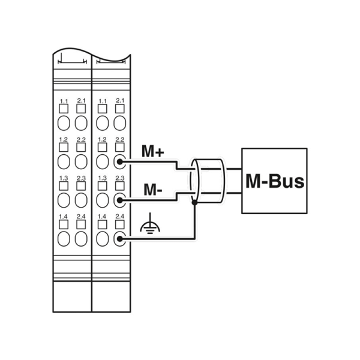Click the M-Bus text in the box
tap(275, 181)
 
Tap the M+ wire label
tap(153, 151)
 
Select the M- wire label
tap(153, 190)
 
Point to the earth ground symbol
tap(150, 224)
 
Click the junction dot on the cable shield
tap(194, 203)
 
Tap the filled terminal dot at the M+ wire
tap(119, 162)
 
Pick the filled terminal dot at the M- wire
tap(119, 200)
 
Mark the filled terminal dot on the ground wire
tap(119, 239)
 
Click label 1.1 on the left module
tap(64, 101)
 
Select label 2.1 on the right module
tap(120, 100)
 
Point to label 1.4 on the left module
tap(63, 217)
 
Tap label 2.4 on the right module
tap(120, 216)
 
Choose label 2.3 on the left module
tap(81, 178)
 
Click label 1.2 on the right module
tap(102, 139)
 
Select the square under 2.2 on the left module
tap(81, 147)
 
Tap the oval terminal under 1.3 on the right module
tap(103, 200)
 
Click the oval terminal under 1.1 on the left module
tap(64, 123)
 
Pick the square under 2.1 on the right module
tap(120, 109)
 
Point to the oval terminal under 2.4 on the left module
tap(81, 239)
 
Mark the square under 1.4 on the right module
tap(103, 224)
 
